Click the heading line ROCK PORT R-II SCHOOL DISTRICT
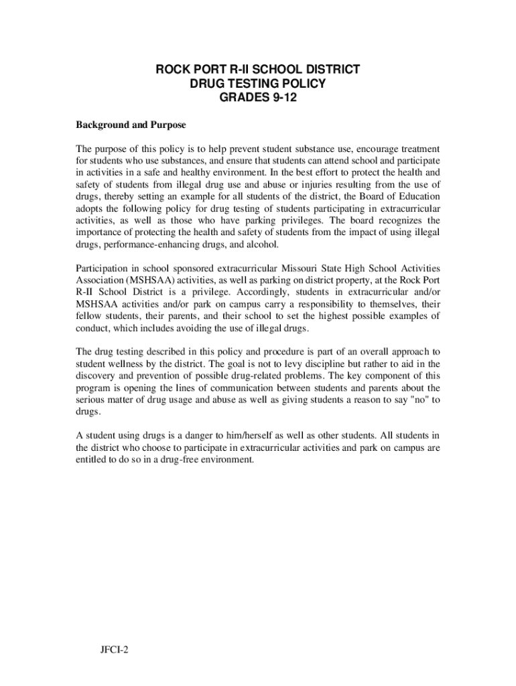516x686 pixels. (258, 69)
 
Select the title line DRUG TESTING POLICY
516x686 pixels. (258, 84)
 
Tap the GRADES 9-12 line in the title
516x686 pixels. (258, 98)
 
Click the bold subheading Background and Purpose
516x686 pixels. (131, 125)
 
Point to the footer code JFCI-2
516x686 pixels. (111, 648)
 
